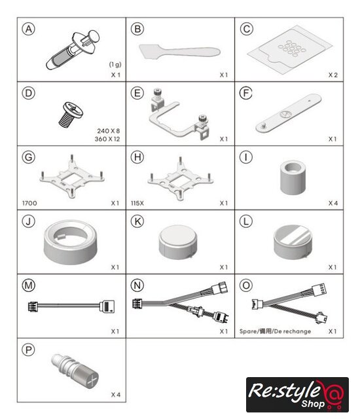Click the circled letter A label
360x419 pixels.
click(29, 29)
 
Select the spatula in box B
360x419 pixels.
click(179, 51)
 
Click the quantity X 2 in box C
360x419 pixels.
click(333, 75)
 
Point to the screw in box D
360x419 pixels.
click(71, 115)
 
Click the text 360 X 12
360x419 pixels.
click(107, 139)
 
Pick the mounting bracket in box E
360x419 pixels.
click(179, 114)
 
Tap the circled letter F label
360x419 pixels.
click(246, 93)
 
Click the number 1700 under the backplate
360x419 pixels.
click(29, 203)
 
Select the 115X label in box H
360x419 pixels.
click(137, 203)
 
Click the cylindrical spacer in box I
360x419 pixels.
click(293, 177)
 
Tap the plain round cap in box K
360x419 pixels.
click(178, 242)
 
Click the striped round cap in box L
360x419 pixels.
click(293, 242)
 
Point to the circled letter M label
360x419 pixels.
click(29, 285)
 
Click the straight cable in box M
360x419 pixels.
click(71, 306)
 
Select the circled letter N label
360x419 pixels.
click(137, 285)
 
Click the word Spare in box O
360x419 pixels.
click(247, 331)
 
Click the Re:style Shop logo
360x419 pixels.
click(297, 395)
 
